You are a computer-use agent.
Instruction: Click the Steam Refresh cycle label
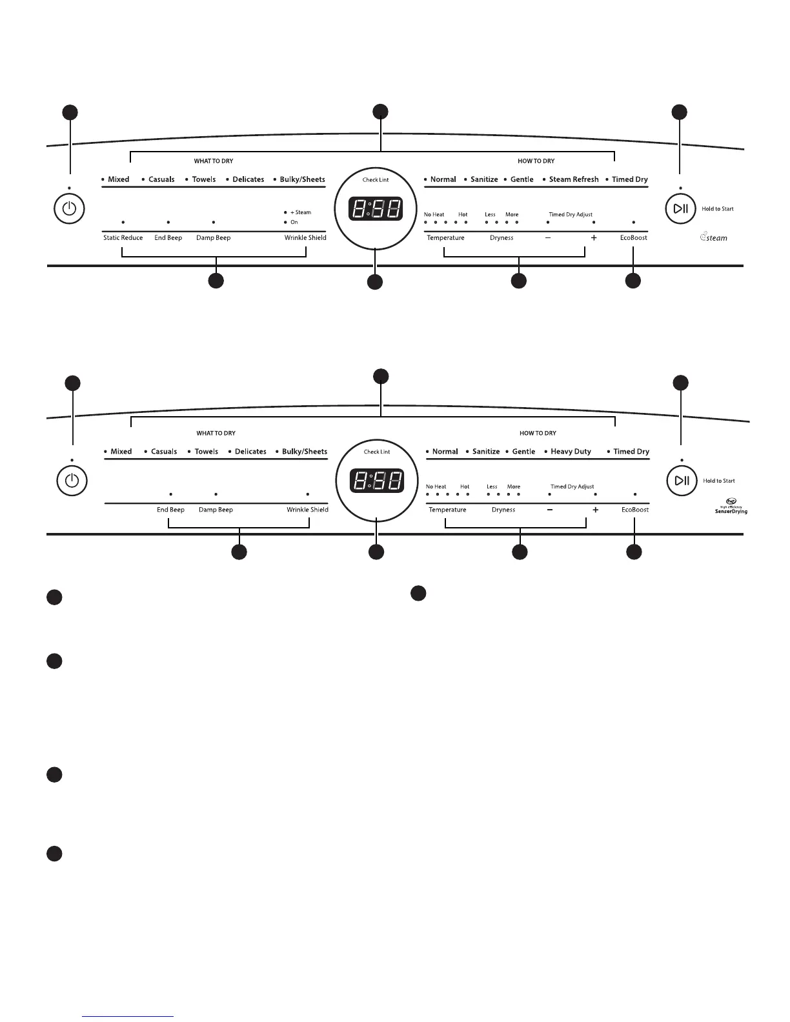click(x=574, y=179)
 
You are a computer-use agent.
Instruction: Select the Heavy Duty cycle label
click(x=571, y=452)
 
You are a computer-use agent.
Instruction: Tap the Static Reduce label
click(x=123, y=238)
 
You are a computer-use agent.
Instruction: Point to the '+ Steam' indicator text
click(x=301, y=212)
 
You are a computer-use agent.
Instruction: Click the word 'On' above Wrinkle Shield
click(x=294, y=222)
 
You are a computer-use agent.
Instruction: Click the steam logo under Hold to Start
click(x=714, y=237)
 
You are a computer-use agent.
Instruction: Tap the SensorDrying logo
click(x=731, y=508)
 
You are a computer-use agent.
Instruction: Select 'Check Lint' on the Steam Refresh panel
click(x=376, y=180)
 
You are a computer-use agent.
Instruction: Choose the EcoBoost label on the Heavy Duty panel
click(x=635, y=510)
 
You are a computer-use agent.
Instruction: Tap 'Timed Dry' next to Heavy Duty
click(x=631, y=452)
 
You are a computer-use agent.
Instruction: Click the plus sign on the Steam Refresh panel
click(x=594, y=238)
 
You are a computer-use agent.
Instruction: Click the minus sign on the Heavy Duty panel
click(x=550, y=510)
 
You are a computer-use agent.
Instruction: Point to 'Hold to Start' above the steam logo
click(x=718, y=209)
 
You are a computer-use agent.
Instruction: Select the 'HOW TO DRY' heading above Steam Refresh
click(x=536, y=161)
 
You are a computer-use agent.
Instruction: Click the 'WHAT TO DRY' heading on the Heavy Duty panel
click(x=216, y=434)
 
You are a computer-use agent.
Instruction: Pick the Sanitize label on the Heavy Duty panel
click(x=486, y=452)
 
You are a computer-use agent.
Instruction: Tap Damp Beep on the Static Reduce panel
click(x=213, y=238)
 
